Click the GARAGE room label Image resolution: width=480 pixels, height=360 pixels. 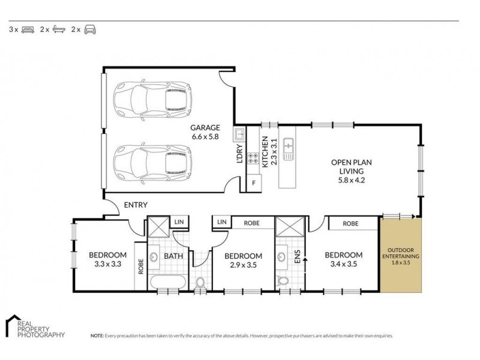[x=205, y=127]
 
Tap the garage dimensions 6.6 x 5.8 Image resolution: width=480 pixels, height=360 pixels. [x=205, y=137]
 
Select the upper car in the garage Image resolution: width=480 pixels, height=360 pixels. [x=152, y=100]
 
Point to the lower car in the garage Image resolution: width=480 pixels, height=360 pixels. [x=152, y=163]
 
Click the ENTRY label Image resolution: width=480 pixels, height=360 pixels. [x=136, y=205]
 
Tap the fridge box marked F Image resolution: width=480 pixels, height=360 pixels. [x=254, y=183]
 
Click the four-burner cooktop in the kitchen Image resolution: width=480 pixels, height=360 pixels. [x=253, y=158]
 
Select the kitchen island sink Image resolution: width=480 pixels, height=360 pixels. [x=289, y=149]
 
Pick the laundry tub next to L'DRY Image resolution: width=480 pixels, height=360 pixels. [x=239, y=134]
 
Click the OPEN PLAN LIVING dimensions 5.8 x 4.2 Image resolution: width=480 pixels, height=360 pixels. [x=352, y=180]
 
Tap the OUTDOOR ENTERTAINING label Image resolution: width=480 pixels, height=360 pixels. [x=401, y=253]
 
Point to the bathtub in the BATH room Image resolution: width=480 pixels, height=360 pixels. [x=168, y=281]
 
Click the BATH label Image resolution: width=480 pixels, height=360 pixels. [x=173, y=256]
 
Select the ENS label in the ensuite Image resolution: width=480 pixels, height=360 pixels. [x=297, y=257]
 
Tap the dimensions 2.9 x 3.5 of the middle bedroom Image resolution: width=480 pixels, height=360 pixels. [x=244, y=265]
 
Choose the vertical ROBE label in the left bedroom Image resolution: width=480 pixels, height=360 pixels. [x=141, y=266]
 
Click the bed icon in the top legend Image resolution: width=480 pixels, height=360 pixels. [x=28, y=29]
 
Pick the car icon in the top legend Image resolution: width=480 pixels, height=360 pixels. [x=90, y=29]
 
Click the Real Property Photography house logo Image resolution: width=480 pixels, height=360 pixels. [x=13, y=326]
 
